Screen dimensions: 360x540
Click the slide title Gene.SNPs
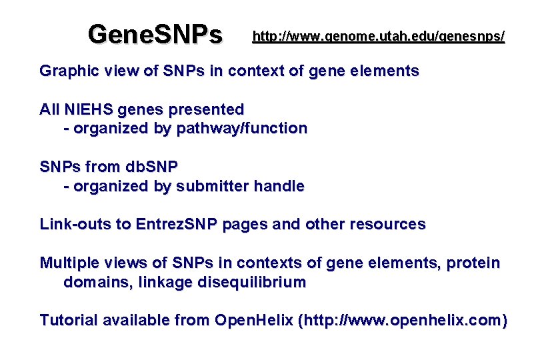(155, 34)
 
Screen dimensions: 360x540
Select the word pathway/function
(242, 129)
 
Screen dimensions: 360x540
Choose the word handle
(279, 187)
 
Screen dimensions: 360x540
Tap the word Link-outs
(75, 225)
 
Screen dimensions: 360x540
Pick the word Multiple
(70, 263)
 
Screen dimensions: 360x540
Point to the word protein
(473, 263)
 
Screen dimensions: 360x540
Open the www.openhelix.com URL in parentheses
(403, 321)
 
